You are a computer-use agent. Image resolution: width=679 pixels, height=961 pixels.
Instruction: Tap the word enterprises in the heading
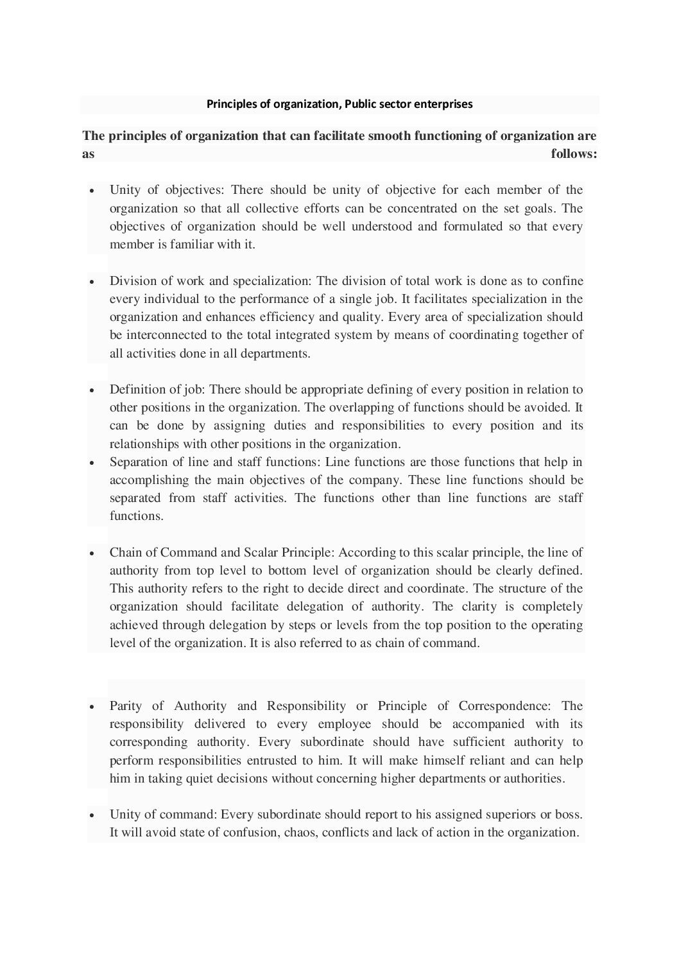point(442,104)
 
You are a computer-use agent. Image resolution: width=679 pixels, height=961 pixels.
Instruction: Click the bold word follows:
point(574,154)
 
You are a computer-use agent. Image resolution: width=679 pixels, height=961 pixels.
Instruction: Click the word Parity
point(126,706)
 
